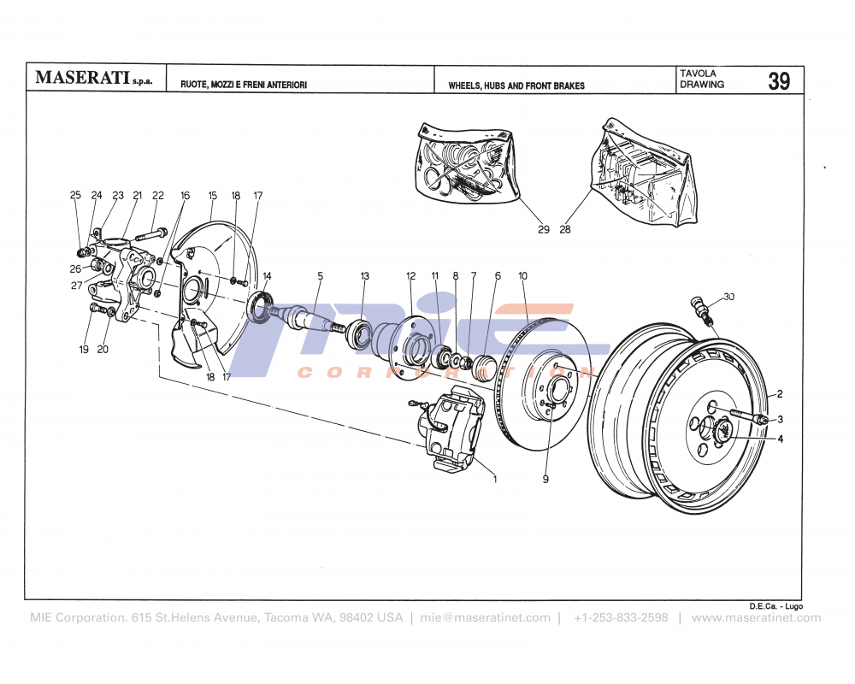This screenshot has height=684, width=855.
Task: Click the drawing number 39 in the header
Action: coord(778,81)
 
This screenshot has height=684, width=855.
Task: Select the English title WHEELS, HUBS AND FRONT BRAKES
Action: coord(516,86)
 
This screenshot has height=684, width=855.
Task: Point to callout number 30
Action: coord(728,297)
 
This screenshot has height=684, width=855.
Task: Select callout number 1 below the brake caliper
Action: coord(494,479)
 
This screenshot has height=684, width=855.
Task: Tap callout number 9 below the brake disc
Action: coord(545,479)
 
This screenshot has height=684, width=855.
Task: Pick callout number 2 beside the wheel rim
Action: coord(779,395)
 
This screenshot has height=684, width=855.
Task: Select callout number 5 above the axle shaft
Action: coord(321,276)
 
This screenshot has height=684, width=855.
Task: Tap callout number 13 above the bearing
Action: coord(365,276)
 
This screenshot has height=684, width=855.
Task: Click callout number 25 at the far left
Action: coord(75,196)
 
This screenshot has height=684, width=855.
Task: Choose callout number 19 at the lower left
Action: coord(84,349)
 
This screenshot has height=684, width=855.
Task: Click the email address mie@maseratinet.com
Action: coord(486,617)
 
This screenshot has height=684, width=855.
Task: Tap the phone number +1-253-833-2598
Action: coord(621,617)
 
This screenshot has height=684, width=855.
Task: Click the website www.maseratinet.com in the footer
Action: coord(756,617)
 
